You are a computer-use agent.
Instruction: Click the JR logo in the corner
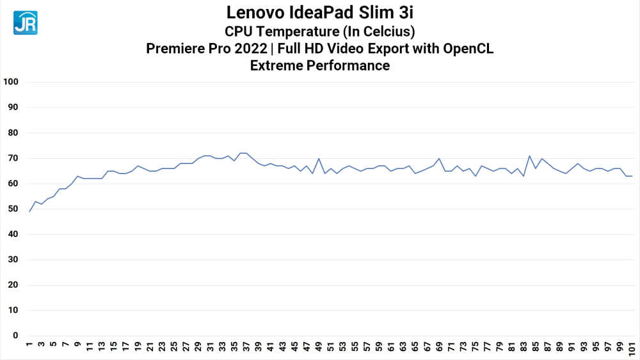pos(26,22)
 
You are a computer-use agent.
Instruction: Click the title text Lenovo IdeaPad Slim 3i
pos(319,13)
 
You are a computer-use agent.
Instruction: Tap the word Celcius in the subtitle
pos(382,31)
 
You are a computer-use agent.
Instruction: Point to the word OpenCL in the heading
pos(471,49)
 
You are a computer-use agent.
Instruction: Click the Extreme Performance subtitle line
pos(319,65)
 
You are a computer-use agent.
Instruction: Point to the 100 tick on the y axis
pos(12,82)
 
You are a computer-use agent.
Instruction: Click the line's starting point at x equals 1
pos(29,211)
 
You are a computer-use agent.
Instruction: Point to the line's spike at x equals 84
pos(529,156)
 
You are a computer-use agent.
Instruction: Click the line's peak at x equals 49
pos(319,158)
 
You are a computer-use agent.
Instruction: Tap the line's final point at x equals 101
pos(632,176)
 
